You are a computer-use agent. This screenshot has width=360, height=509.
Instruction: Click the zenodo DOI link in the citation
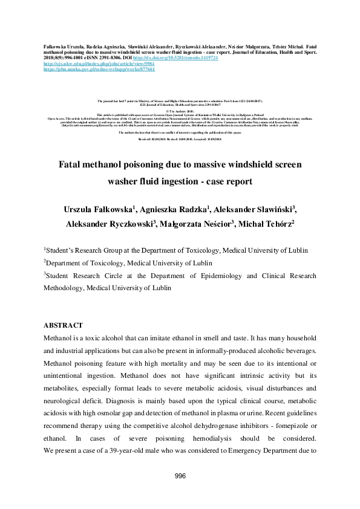pyautogui.click(x=200, y=58)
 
